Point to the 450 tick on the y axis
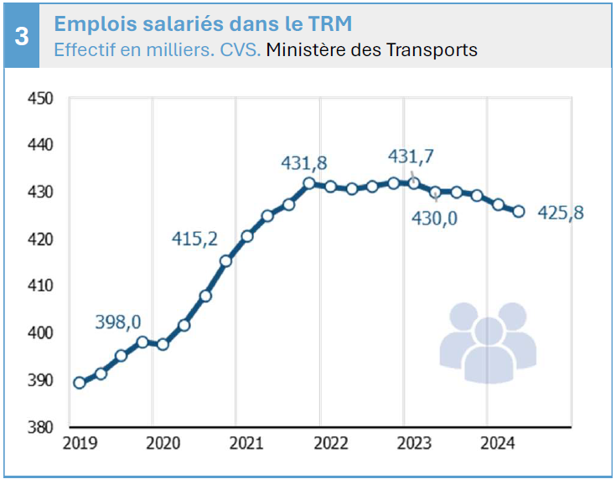pos(40,99)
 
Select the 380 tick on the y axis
pos(40,427)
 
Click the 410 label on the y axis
pos(40,286)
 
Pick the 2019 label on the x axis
pos(80,443)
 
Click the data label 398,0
pos(118,322)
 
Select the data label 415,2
pos(194,239)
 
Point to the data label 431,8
pos(303,163)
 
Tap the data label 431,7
pos(412,156)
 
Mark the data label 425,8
pos(560,213)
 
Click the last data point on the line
pos(519,212)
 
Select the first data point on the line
pos(80,383)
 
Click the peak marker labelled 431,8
pos(309,183)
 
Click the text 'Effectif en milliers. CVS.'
pos(158,50)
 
